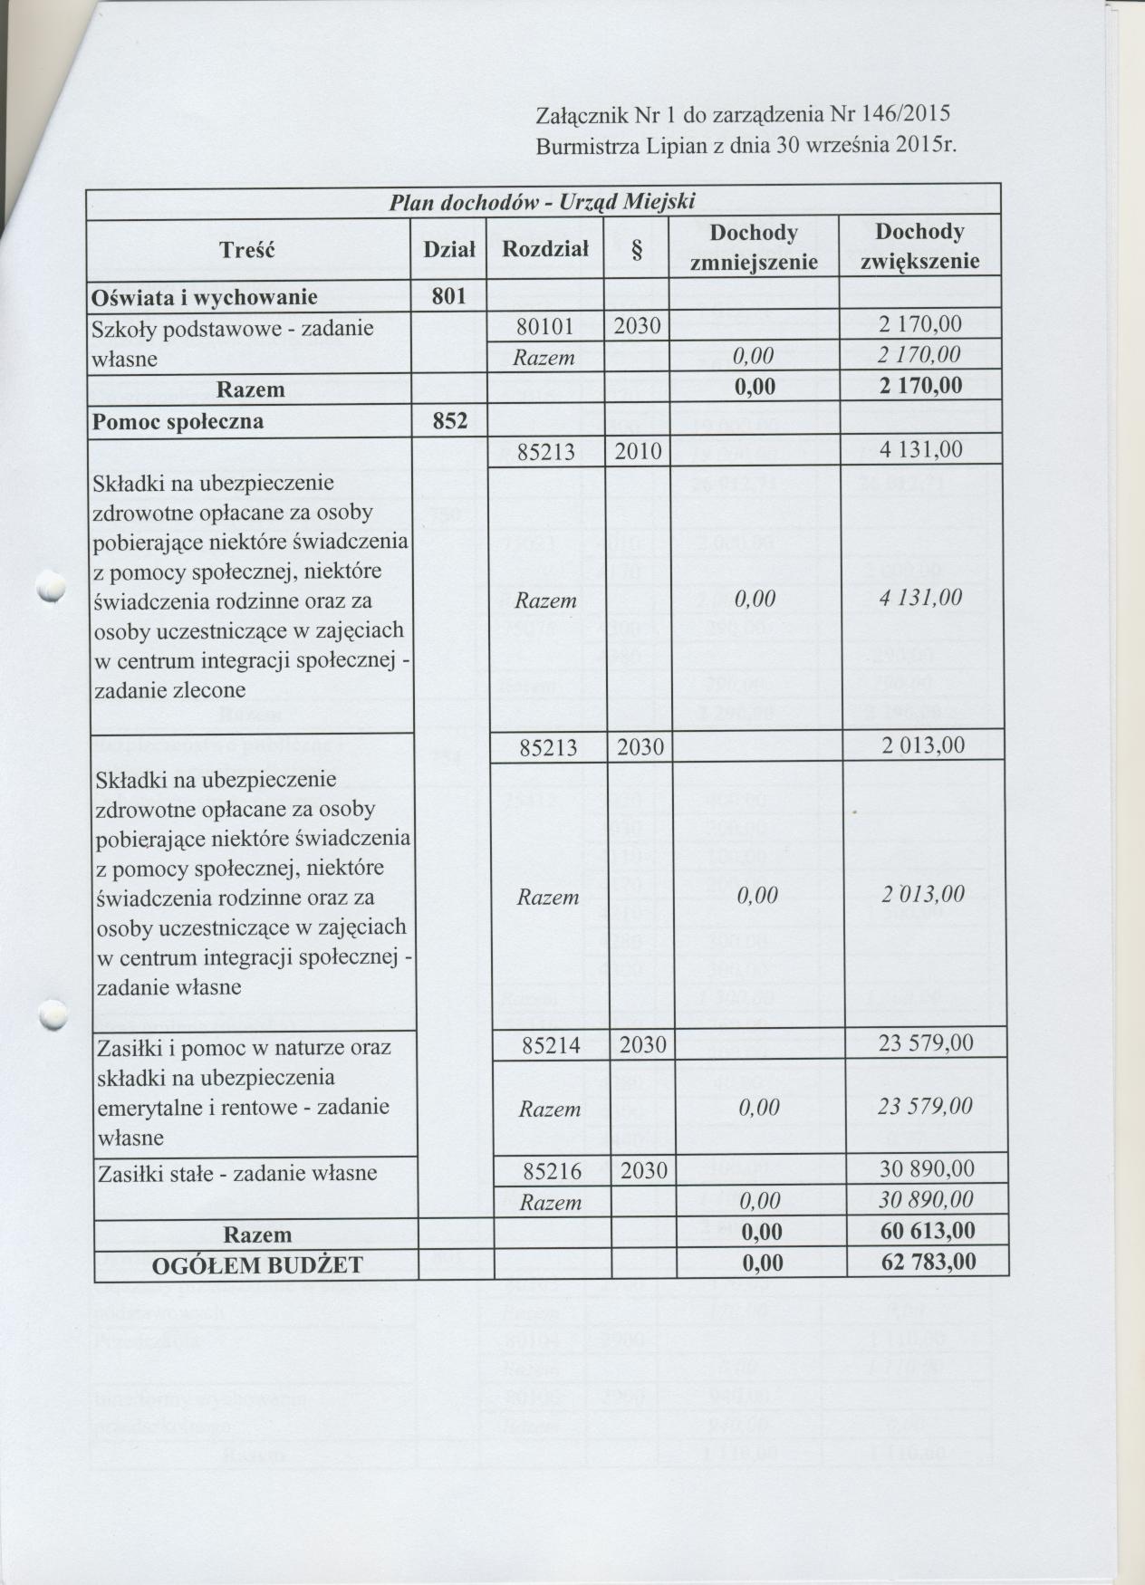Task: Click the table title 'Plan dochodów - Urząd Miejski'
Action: point(542,201)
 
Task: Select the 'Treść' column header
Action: point(247,249)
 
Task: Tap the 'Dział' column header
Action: point(449,249)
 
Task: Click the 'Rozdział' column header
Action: point(545,247)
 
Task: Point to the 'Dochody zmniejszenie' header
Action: point(754,247)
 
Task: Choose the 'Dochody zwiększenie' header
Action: point(919,247)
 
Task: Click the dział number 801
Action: point(449,296)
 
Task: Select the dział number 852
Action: point(449,421)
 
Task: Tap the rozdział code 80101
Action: point(546,327)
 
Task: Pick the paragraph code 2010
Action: point(638,451)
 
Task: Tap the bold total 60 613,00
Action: point(928,1232)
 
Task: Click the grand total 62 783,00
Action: point(928,1262)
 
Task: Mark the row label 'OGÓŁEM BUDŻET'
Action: point(257,1265)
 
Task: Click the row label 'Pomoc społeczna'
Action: point(178,422)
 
